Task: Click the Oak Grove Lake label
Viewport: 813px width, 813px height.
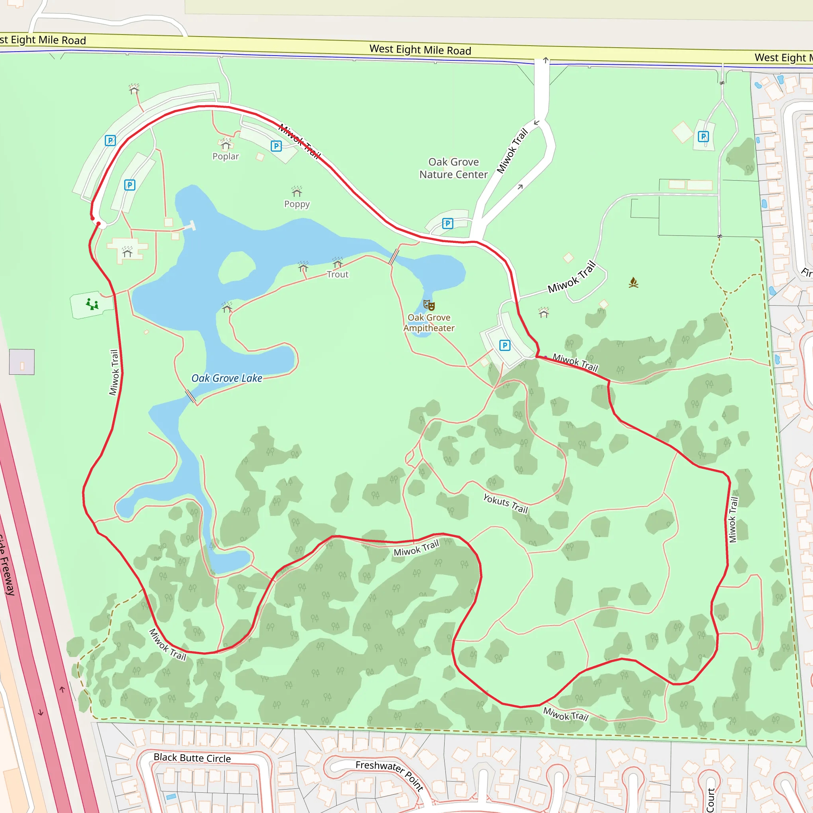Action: [x=227, y=378]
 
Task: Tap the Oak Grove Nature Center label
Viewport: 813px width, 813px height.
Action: [x=453, y=168]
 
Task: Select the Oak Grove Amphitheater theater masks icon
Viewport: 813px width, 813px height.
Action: [x=429, y=305]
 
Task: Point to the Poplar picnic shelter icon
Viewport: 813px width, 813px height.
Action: [x=226, y=146]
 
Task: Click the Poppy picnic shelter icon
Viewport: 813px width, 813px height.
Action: [x=297, y=192]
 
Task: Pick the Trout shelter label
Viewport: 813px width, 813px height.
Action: [x=337, y=274]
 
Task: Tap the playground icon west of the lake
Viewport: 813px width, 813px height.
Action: [x=92, y=304]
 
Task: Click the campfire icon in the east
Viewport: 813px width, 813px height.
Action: [x=633, y=283]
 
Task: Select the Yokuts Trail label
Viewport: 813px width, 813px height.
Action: [x=505, y=504]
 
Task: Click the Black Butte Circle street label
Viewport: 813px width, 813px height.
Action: [x=192, y=758]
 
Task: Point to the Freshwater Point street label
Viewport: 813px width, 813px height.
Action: [x=389, y=774]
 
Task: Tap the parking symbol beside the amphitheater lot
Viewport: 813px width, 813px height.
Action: [x=505, y=345]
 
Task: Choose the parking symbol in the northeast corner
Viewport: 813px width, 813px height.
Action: [x=703, y=136]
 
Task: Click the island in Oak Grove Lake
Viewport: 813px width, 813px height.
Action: [x=237, y=267]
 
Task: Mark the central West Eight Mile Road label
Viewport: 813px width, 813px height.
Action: [x=420, y=50]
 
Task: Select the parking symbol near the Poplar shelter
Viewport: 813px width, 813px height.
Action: [x=276, y=146]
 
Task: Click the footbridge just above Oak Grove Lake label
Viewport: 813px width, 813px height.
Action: [x=191, y=396]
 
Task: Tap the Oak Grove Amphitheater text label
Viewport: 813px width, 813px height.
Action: [x=429, y=323]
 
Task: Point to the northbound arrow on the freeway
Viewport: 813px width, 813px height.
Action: [x=62, y=689]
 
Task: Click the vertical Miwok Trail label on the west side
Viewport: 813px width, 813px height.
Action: [x=114, y=372]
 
